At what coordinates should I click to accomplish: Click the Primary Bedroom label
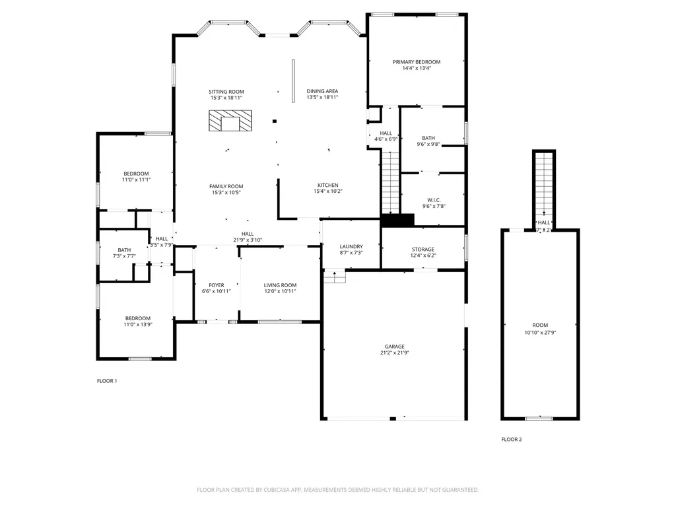(417, 62)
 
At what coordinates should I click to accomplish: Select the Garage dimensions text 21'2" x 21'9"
(395, 353)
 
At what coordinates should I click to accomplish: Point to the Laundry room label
(351, 246)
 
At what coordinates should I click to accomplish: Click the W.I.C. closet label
(433, 199)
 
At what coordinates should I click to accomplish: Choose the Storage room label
(423, 250)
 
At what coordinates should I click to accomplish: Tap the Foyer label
(217, 285)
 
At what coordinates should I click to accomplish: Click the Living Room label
(280, 285)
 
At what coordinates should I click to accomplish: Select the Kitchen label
(327, 186)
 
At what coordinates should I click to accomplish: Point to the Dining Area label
(322, 91)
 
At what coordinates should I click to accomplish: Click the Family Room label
(226, 187)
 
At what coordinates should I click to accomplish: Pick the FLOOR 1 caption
(107, 381)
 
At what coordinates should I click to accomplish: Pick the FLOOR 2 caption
(511, 439)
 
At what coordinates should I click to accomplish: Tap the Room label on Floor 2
(540, 325)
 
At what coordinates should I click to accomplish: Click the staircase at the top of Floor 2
(543, 182)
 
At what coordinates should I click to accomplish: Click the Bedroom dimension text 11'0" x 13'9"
(138, 325)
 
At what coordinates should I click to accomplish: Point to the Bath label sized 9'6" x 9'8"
(428, 138)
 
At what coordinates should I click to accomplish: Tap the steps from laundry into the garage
(335, 277)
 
